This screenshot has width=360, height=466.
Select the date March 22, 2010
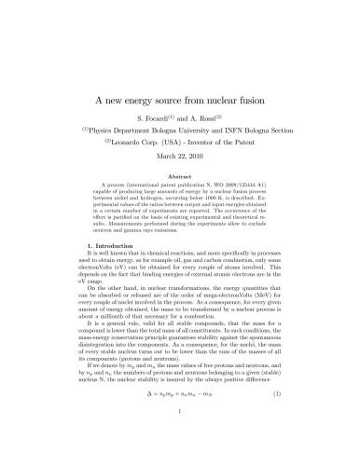pyautogui.click(x=181, y=158)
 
